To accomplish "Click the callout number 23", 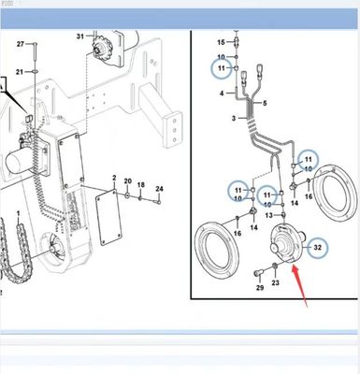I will pyautogui.click(x=275, y=281).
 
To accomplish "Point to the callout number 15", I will pyautogui.click(x=222, y=43).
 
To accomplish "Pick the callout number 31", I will pyautogui.click(x=81, y=36).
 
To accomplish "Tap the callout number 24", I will pyautogui.click(x=159, y=189).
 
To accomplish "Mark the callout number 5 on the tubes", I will pyautogui.click(x=266, y=102).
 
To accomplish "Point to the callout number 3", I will pyautogui.click(x=222, y=119).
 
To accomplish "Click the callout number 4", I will pyautogui.click(x=222, y=93).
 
